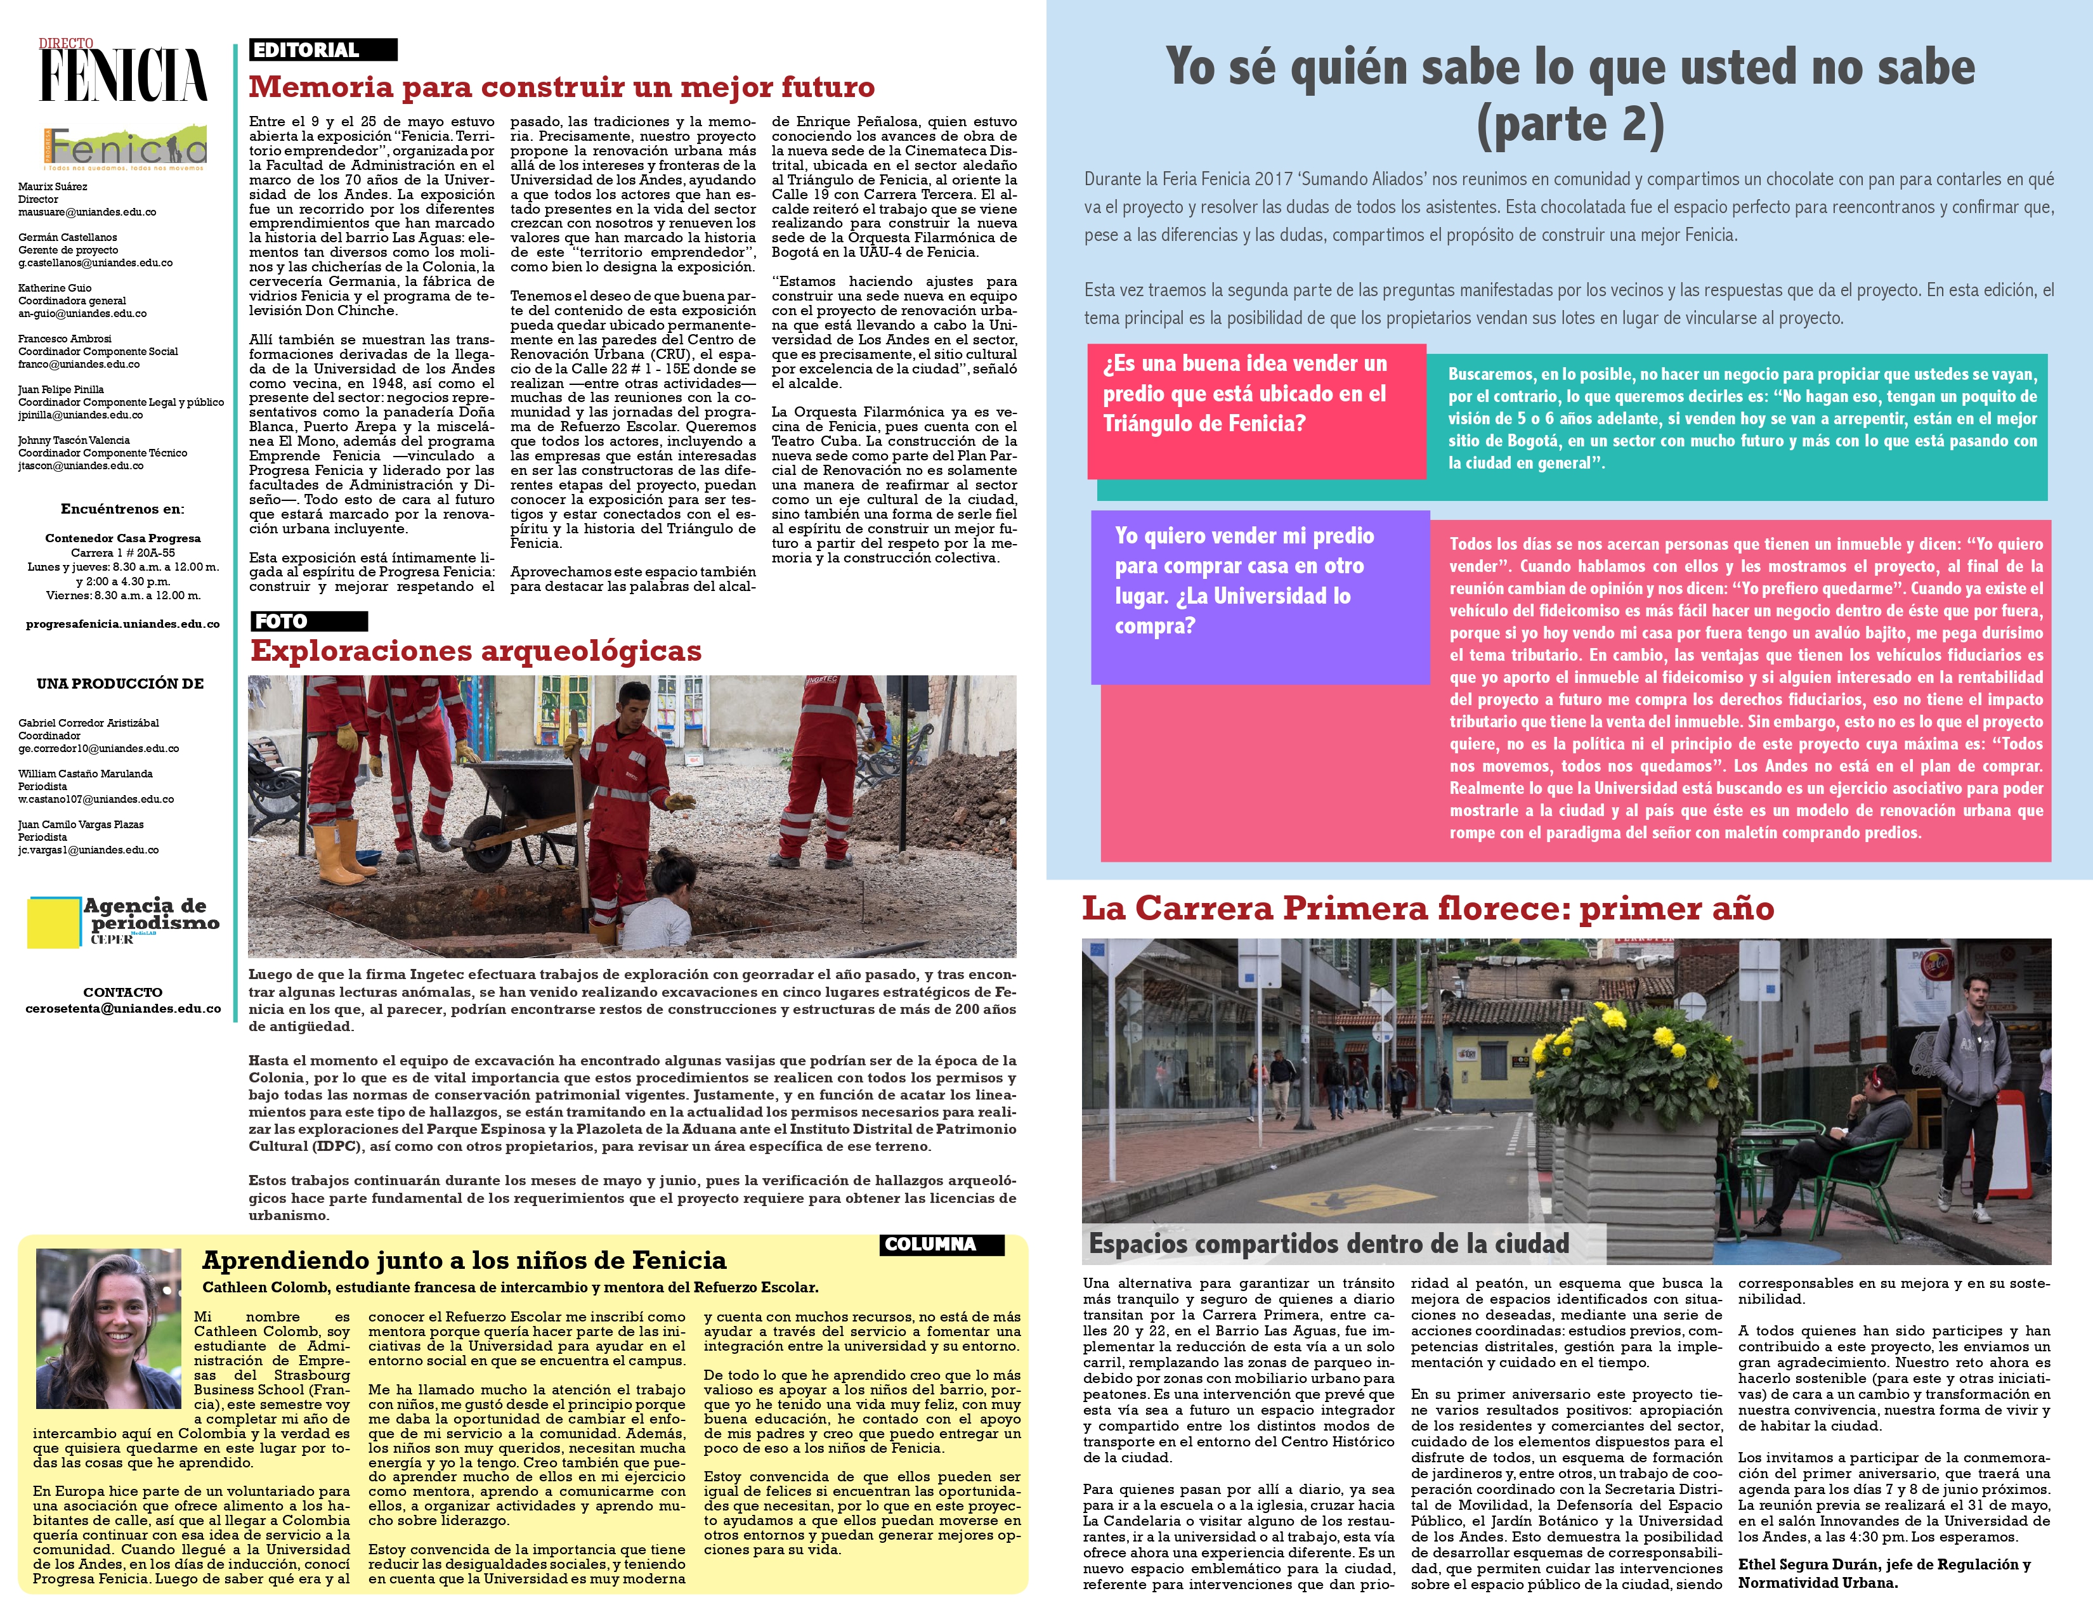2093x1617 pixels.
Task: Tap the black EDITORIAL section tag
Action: tap(323, 50)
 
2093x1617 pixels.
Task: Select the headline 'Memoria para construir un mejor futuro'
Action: tap(561, 87)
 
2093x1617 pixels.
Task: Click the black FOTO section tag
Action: tap(308, 621)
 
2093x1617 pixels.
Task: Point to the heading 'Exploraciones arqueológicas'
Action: tap(475, 651)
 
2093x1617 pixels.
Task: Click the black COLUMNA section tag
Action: tap(941, 1244)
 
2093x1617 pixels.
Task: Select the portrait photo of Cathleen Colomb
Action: tap(108, 1328)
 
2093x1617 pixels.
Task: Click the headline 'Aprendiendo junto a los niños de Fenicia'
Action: tap(464, 1260)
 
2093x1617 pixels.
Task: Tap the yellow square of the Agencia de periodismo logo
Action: tap(54, 921)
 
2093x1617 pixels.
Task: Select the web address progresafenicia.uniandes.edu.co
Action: tap(122, 623)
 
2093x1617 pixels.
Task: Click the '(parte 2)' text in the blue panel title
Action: tap(1570, 124)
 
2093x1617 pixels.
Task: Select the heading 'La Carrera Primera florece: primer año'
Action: tap(1428, 908)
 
